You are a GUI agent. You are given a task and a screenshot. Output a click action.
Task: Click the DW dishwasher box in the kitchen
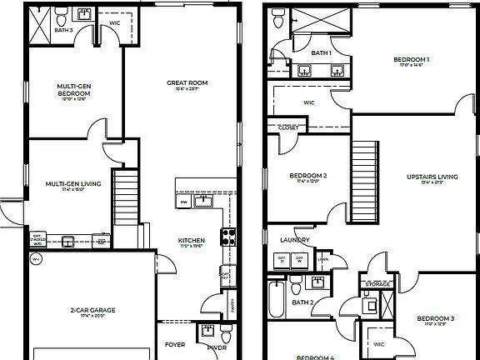[x=183, y=202]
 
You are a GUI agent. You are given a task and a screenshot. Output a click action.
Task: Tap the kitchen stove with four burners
[x=227, y=236]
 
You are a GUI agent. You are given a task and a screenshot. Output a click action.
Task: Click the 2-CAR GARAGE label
[x=92, y=310]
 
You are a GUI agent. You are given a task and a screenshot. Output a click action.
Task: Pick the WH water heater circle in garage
[x=35, y=259]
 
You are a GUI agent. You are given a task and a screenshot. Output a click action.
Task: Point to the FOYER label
[x=175, y=343]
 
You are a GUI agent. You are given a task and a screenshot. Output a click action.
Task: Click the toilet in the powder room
[x=206, y=330]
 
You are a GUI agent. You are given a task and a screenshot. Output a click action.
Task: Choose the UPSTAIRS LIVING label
[x=432, y=177]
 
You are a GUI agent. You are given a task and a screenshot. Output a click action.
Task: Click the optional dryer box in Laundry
[x=282, y=259]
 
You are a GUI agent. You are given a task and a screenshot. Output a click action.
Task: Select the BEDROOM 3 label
[x=435, y=318]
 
